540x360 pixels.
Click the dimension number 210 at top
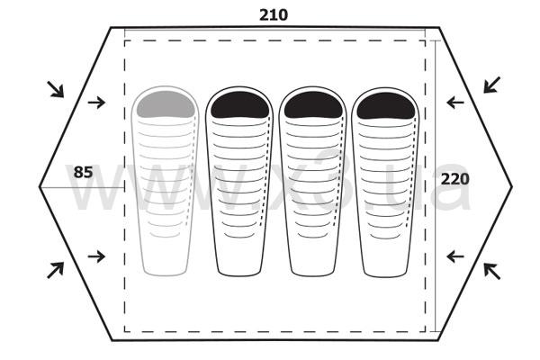[274, 14]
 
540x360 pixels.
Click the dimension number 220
[454, 179]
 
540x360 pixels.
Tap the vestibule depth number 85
[84, 172]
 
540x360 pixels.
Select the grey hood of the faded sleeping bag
[166, 104]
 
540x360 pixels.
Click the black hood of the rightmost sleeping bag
[386, 106]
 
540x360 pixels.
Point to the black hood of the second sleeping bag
[239, 104]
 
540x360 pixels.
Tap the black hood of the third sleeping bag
[313, 105]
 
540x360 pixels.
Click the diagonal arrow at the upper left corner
[56, 89]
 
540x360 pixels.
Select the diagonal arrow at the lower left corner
[56, 270]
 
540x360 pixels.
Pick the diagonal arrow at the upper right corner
[491, 85]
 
